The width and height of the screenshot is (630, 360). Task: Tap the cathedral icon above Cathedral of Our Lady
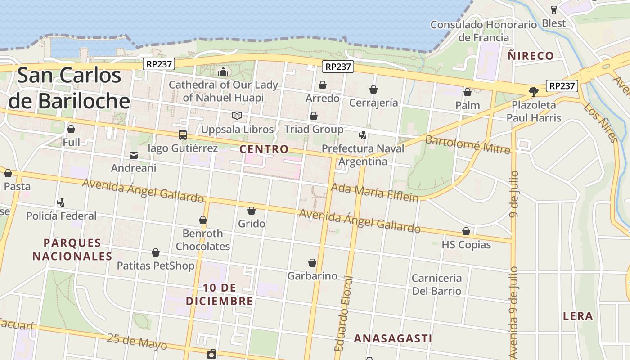point(223,72)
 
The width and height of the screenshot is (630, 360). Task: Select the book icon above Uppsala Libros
point(237,116)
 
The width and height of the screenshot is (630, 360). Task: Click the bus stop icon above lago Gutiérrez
point(183,135)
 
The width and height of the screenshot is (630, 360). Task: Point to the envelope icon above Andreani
point(134,155)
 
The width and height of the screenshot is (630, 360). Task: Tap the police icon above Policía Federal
point(61,202)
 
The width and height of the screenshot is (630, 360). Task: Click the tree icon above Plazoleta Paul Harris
point(534,92)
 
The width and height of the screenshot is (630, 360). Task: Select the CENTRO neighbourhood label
point(264,149)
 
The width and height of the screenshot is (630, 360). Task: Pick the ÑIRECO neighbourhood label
point(531,56)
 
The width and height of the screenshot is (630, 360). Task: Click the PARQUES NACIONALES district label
point(72,250)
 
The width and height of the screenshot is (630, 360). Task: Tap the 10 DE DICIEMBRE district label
point(220,294)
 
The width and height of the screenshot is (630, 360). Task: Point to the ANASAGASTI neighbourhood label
point(393,338)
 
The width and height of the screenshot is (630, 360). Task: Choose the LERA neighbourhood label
point(578,316)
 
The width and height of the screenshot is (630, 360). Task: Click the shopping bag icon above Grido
point(252,211)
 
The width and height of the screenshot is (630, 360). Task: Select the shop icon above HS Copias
point(466,231)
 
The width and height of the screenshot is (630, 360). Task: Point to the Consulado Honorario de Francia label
point(484,31)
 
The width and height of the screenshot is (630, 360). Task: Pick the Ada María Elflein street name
point(374,192)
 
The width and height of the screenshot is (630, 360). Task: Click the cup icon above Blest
point(554,9)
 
